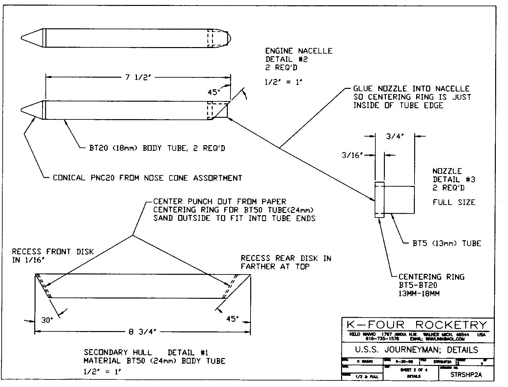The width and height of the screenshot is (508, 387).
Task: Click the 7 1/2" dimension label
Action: coord(138,78)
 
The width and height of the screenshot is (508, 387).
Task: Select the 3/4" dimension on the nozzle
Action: coord(395,136)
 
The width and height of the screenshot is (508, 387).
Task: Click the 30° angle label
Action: coord(47,320)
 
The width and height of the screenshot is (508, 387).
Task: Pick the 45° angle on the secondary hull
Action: coord(232,319)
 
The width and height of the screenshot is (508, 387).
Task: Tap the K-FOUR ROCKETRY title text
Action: coord(417,325)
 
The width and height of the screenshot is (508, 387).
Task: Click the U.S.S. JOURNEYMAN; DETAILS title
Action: coord(416,349)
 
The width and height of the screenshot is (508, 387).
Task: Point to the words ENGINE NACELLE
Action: coord(299,51)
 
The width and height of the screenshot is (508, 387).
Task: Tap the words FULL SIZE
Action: coord(454,202)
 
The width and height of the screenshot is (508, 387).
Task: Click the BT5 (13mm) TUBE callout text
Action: coord(447,244)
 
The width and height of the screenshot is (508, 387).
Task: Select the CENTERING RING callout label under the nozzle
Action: coord(431,277)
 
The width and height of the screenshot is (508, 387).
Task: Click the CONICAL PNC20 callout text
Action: coord(147,178)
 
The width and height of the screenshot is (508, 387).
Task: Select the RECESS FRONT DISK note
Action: coord(53,252)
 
